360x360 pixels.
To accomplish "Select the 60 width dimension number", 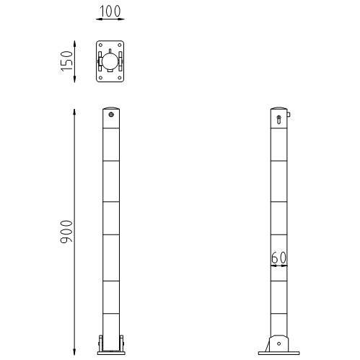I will point(280,258).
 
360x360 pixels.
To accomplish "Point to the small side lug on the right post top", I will point(289,113).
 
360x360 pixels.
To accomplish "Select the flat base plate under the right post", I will point(278,353).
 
